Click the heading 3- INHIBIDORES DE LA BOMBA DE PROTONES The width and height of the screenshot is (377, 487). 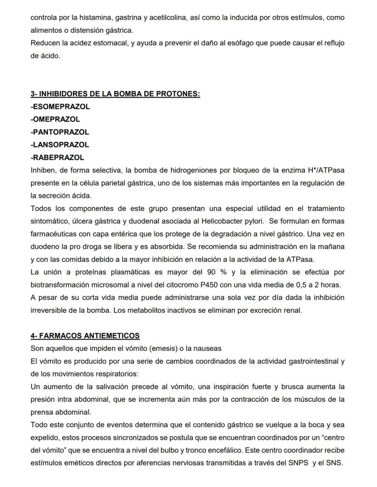point(115,94)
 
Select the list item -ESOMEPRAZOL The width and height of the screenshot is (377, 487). point(60,107)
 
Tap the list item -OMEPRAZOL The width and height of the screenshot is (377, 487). point(55,120)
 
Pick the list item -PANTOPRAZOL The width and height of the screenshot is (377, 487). point(60,132)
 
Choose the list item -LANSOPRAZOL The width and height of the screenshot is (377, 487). point(60,145)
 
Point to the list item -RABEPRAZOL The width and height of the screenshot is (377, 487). point(57,158)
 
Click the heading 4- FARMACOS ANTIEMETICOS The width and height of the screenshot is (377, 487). point(85,336)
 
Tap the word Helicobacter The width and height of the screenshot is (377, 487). point(219,221)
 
